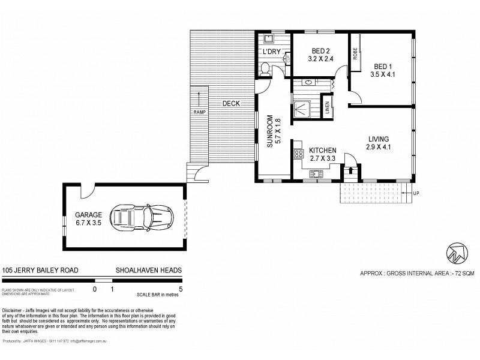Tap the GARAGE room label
pos(88,214)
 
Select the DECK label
pos(231,103)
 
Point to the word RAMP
pos(199,112)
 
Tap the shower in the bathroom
pos(305,109)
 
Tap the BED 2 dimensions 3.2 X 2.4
pos(320,59)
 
